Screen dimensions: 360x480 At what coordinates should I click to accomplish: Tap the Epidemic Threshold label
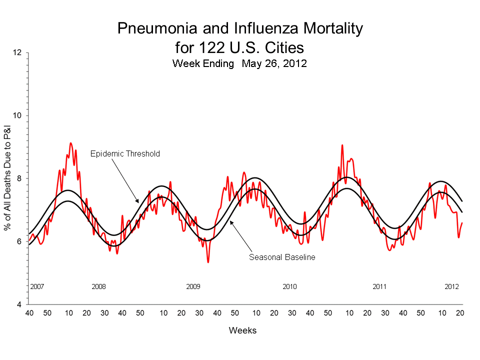125,154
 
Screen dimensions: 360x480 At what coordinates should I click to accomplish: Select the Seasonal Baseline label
281,257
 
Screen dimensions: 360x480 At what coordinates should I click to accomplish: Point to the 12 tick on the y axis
17,52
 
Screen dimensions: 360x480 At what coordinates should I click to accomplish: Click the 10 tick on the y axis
17,115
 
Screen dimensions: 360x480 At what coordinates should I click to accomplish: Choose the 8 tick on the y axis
19,178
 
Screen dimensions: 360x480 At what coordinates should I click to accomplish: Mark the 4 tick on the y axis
19,304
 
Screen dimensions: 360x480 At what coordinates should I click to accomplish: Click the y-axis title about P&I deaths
8,178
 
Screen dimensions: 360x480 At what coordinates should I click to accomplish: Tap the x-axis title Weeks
242,330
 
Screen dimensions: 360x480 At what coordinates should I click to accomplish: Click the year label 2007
37,287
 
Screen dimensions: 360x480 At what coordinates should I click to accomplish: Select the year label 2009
193,287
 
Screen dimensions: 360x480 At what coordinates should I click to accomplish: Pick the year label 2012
452,287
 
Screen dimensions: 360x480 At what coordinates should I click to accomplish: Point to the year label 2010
289,287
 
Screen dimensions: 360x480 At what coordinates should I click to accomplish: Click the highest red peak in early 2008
70,143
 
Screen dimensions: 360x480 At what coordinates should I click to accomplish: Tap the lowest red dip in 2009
208,262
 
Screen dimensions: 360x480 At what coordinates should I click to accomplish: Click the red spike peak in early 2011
342,145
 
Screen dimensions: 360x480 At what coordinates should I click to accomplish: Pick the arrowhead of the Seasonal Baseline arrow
230,222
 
